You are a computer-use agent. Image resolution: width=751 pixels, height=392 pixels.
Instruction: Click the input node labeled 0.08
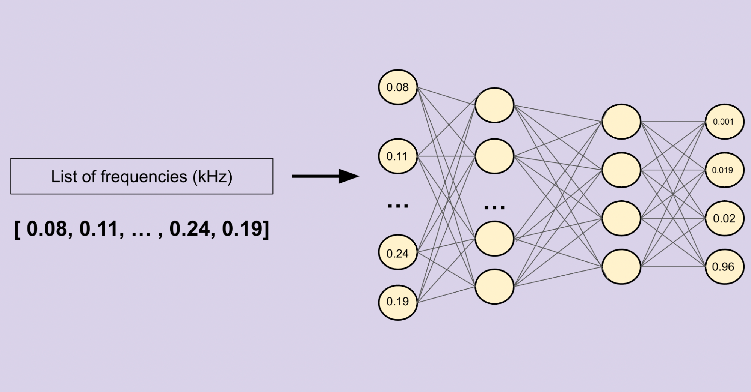pos(398,87)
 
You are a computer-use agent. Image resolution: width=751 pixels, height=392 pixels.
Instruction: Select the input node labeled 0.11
pos(398,156)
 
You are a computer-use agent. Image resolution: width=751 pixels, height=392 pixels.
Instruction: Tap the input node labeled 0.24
pos(398,253)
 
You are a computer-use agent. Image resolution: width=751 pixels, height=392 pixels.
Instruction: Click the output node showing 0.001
pos(724,122)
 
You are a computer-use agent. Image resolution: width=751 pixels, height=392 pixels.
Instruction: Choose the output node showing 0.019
pos(724,170)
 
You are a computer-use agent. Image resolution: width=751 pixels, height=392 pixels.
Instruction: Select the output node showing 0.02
pos(724,218)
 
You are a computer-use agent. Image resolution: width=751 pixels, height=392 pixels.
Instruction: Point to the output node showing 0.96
pos(724,267)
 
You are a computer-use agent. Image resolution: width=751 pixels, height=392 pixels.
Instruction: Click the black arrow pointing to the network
pos(325,176)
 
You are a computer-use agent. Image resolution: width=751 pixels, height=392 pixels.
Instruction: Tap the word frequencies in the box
pos(144,176)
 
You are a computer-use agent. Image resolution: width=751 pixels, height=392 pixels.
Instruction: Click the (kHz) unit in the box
pos(213,177)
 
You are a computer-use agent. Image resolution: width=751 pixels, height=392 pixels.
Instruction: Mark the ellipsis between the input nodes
pos(398,206)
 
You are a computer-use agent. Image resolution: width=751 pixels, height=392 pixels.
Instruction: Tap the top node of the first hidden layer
pos(494,105)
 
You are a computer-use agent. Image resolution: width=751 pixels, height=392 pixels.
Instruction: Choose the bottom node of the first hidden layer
pos(494,286)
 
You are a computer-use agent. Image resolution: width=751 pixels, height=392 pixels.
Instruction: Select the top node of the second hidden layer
pos(621,122)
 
